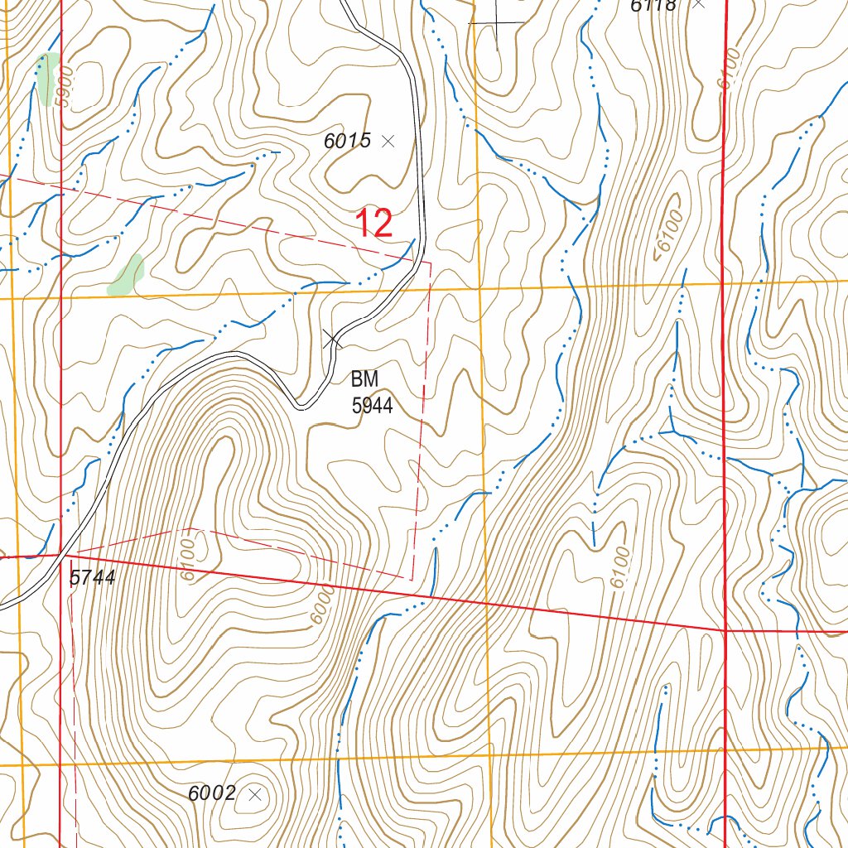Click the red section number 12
373,224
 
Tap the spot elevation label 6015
347,141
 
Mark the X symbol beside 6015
388,142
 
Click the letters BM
364,380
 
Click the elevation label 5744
91,579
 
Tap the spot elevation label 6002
212,793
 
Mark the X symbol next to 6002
255,794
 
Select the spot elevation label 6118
653,6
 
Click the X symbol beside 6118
699,3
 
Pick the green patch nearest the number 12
127,276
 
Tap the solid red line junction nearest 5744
62,554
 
